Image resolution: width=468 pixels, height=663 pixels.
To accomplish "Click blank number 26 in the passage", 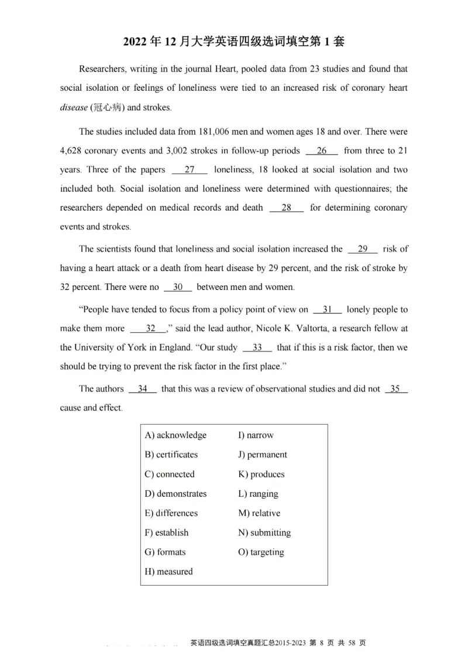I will [x=322, y=151].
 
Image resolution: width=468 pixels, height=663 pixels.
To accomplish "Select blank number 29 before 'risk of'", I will [x=363, y=249].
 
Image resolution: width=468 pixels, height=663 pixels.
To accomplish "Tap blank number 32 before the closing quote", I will [x=151, y=329].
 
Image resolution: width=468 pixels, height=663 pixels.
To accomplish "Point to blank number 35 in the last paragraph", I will [x=396, y=388].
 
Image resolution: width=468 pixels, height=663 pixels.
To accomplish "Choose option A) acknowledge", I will [x=175, y=435].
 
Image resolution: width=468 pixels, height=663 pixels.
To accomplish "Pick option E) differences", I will [x=171, y=513].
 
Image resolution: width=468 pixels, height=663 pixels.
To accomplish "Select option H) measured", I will [x=168, y=572].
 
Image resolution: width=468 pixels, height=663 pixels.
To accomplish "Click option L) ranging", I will [x=258, y=494].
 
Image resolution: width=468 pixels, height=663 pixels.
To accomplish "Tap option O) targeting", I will [x=261, y=552].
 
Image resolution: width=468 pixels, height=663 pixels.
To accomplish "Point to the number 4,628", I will [x=72, y=151].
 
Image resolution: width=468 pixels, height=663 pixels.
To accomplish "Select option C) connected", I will [x=170, y=474].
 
